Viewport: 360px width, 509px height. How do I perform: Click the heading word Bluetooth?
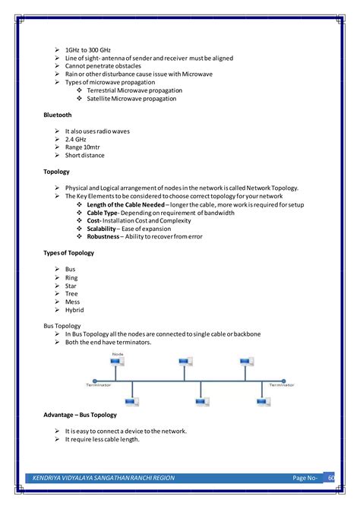[58, 115]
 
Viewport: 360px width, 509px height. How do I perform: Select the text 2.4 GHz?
[77, 139]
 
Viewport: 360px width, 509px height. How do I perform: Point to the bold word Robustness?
[103, 237]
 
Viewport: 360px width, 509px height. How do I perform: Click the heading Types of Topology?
[69, 253]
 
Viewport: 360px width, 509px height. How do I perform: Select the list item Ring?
[71, 277]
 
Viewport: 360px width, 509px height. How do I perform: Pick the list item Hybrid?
[74, 310]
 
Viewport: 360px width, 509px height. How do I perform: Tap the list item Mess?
[73, 302]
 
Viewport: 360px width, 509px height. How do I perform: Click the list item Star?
[71, 286]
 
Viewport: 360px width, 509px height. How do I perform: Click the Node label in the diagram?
[118, 354]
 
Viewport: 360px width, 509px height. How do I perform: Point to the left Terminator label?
[98, 385]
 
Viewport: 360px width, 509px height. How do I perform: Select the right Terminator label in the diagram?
[281, 385]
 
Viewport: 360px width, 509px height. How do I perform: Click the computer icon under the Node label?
[117, 365]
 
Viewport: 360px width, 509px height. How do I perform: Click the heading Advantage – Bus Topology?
[81, 415]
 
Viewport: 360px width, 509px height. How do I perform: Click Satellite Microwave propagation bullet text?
[134, 99]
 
